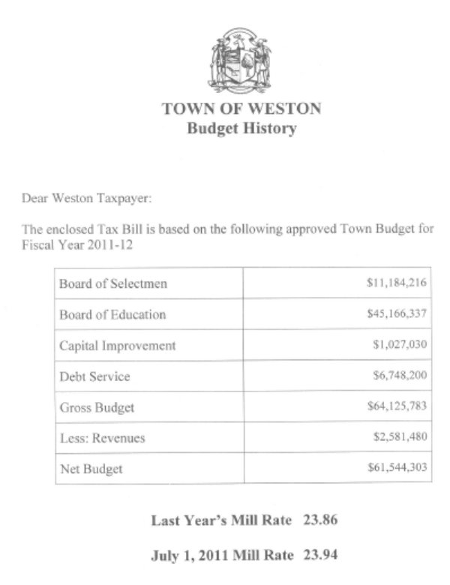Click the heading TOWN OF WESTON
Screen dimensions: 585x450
coord(241,109)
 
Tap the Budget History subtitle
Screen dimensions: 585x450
coord(241,128)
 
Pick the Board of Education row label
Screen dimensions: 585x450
coord(112,314)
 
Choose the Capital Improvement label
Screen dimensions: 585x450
coord(118,346)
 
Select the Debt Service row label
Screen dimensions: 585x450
coord(94,376)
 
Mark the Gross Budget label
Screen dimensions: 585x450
coord(96,407)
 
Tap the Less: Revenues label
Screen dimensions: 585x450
coord(102,438)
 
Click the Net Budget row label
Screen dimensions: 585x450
coord(91,469)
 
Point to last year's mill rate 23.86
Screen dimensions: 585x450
coord(319,519)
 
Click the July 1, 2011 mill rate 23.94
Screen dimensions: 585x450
coord(319,555)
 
